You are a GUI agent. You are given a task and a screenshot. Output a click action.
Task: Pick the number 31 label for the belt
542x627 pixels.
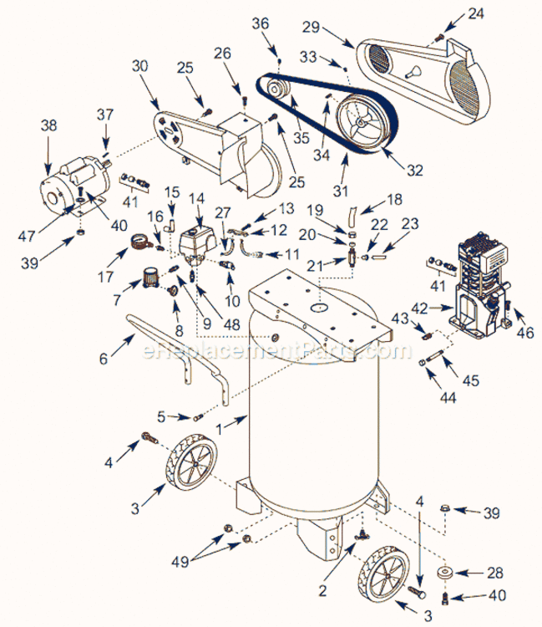(x=339, y=190)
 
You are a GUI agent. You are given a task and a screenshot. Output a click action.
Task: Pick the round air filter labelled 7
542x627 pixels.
(x=152, y=276)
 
